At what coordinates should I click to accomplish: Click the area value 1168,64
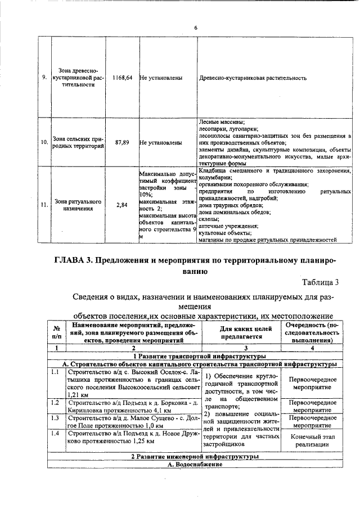click(x=122, y=78)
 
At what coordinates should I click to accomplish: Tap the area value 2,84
click(x=122, y=205)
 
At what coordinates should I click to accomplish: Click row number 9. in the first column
click(x=44, y=78)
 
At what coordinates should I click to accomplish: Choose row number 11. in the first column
click(x=44, y=205)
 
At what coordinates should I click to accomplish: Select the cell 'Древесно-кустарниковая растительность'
click(x=253, y=78)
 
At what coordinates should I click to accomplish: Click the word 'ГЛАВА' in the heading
click(x=70, y=260)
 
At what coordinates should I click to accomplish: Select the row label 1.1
click(x=55, y=372)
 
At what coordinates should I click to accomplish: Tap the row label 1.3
click(x=55, y=418)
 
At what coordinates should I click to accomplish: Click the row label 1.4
click(x=55, y=433)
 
